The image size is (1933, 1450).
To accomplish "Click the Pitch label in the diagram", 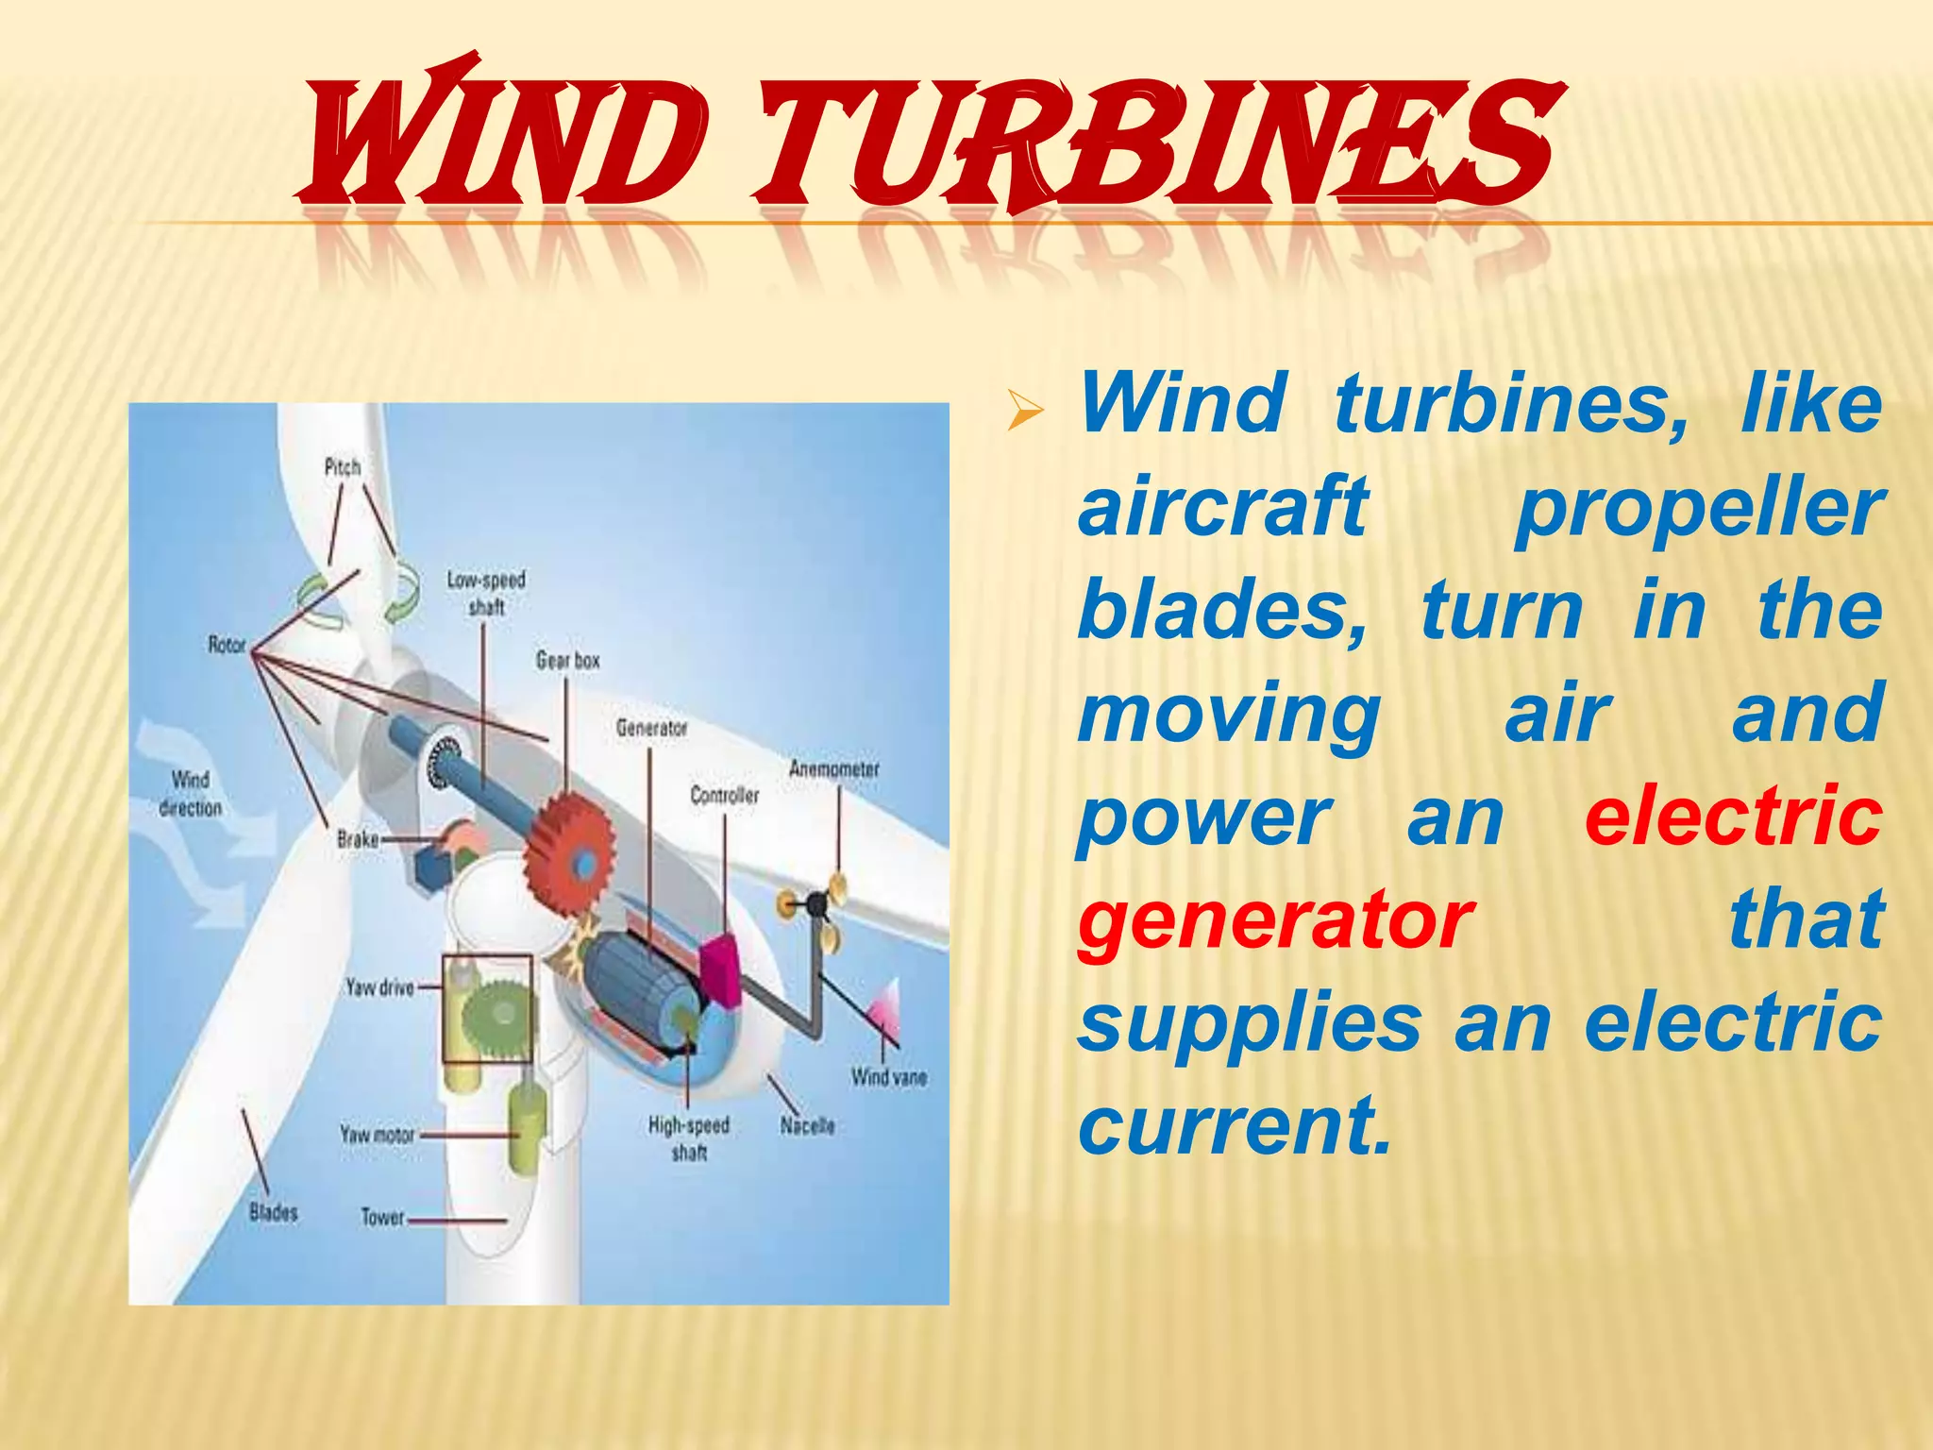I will (x=342, y=466).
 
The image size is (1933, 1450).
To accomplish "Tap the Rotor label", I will (x=227, y=645).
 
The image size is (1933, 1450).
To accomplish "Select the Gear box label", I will (x=567, y=660).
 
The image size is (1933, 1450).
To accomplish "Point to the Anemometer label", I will (x=833, y=768).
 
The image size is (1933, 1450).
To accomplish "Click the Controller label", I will (x=724, y=795).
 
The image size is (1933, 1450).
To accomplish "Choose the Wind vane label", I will (x=888, y=1076).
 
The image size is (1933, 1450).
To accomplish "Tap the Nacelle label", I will (x=807, y=1125).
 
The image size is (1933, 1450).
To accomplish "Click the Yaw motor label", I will (x=377, y=1134).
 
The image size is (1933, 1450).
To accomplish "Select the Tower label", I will (x=382, y=1217).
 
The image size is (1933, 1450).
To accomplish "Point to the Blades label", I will (x=273, y=1212).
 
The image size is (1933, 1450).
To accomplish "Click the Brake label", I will (x=358, y=838).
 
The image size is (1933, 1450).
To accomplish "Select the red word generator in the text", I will (x=1275, y=919).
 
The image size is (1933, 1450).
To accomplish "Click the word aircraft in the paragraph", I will (x=1223, y=506).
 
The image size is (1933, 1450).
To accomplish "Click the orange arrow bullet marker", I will (x=1025, y=411).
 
